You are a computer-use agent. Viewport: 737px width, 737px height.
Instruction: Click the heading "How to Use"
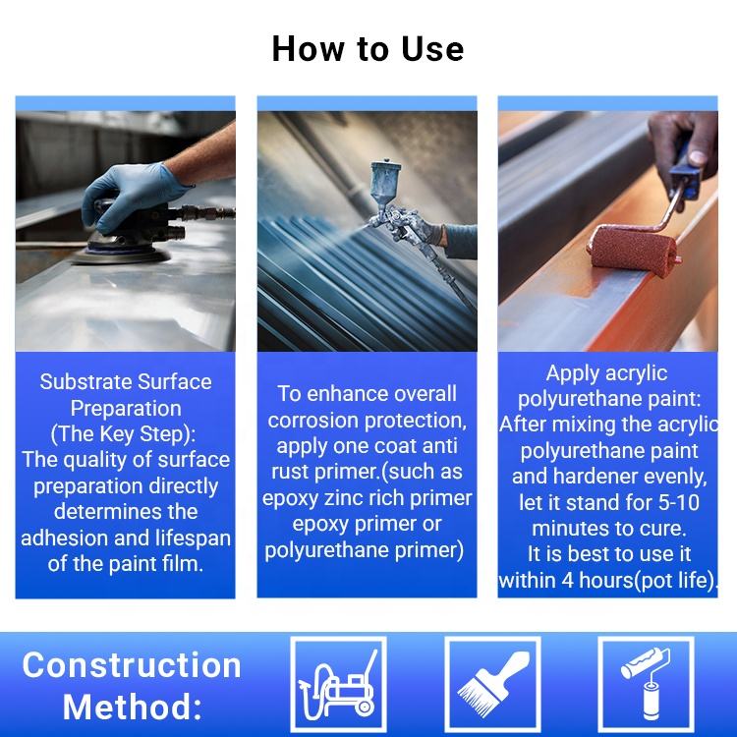(368, 49)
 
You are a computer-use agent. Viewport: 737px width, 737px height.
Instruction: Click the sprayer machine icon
(338, 685)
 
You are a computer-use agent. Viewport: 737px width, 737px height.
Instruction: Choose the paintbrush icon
(492, 684)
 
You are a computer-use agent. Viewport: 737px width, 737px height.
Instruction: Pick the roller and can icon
(646, 684)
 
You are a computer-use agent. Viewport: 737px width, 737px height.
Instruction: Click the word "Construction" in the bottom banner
(132, 665)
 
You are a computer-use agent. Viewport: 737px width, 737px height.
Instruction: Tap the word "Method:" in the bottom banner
(133, 707)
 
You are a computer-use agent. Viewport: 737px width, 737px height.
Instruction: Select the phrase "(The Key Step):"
(124, 434)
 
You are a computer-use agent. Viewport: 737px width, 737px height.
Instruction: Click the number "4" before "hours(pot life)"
(568, 581)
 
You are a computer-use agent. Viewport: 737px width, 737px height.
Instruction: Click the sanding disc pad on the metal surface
(121, 254)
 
